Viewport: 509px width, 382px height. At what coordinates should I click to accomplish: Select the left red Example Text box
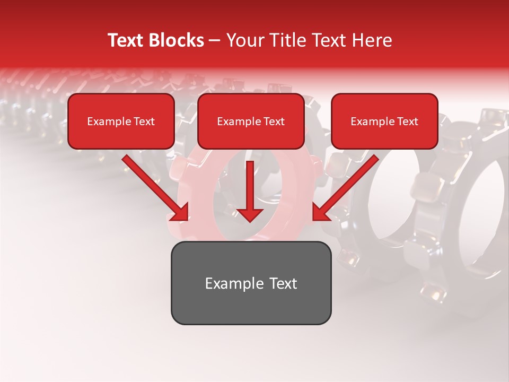121,121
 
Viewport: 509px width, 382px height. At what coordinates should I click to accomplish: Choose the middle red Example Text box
251,121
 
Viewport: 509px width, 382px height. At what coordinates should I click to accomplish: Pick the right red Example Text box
384,121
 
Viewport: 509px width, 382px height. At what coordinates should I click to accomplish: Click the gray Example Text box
251,283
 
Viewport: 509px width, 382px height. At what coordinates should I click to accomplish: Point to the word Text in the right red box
407,121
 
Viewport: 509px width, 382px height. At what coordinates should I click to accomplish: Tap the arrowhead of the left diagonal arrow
181,213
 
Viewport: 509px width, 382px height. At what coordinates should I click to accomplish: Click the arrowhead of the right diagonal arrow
320,213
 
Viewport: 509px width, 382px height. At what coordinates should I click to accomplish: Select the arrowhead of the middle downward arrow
250,214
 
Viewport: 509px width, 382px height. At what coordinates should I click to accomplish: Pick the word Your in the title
243,40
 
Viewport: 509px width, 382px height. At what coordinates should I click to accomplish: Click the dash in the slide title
215,41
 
